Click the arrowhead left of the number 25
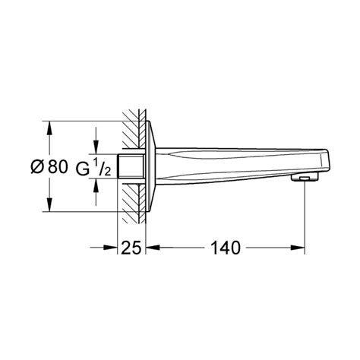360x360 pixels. pos(111,248)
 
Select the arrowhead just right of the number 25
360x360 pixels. pos(153,248)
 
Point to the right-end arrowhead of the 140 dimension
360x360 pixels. pos(300,248)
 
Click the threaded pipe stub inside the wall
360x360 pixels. pos(131,168)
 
